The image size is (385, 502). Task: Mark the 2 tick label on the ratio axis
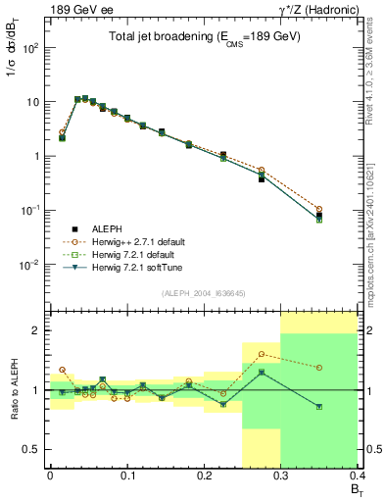(x=38, y=331)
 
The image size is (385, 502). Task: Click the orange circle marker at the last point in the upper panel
(x=346, y=209)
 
